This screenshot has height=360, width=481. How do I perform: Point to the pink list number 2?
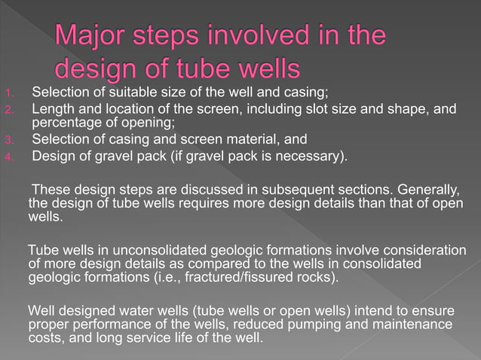(x=8, y=111)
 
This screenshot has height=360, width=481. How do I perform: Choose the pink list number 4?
(x=8, y=157)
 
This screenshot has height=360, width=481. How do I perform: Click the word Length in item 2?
(x=52, y=110)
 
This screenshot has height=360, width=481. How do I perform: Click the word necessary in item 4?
(x=316, y=156)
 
